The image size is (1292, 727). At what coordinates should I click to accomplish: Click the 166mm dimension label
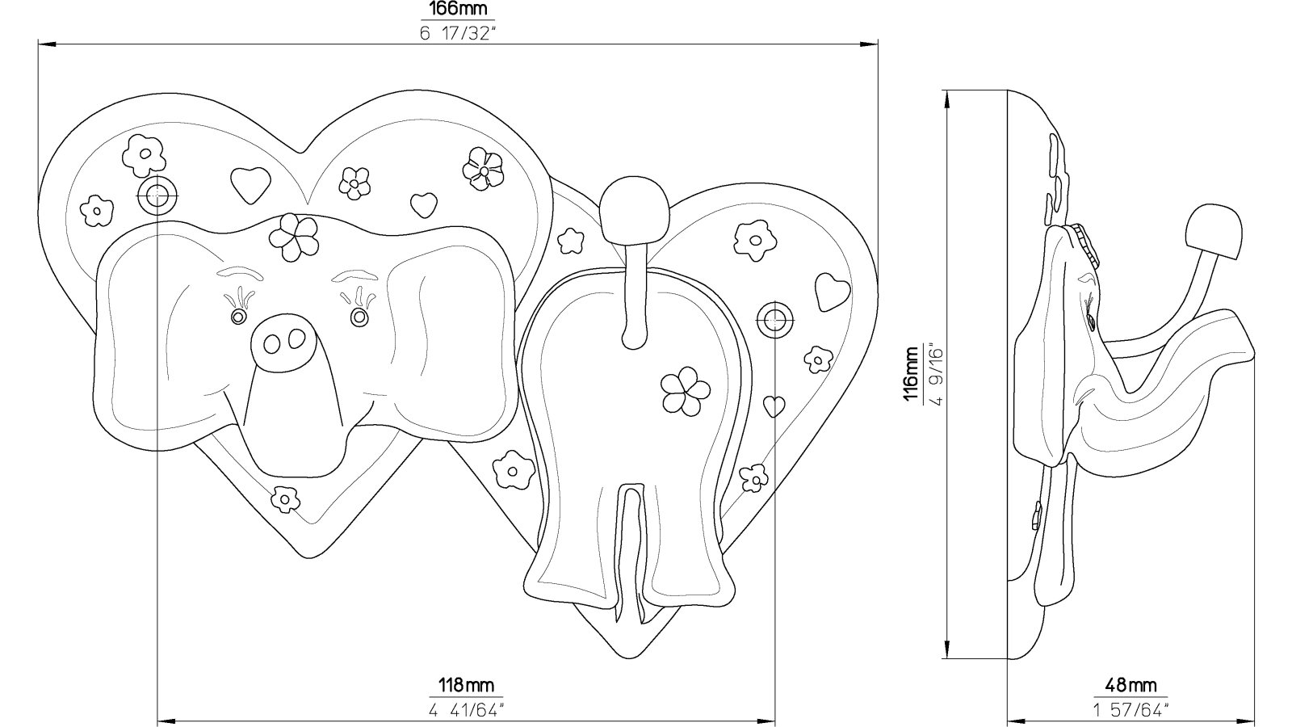[458, 9]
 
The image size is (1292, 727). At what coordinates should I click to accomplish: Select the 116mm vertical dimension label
[910, 374]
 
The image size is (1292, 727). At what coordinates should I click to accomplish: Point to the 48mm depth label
[1130, 686]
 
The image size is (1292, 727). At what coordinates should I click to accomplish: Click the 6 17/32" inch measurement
[458, 33]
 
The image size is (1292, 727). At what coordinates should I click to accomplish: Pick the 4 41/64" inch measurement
[466, 709]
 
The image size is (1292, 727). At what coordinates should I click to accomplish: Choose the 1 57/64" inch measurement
[1130, 709]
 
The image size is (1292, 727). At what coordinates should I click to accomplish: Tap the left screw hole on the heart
[157, 196]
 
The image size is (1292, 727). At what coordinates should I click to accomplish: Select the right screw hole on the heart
[774, 319]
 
